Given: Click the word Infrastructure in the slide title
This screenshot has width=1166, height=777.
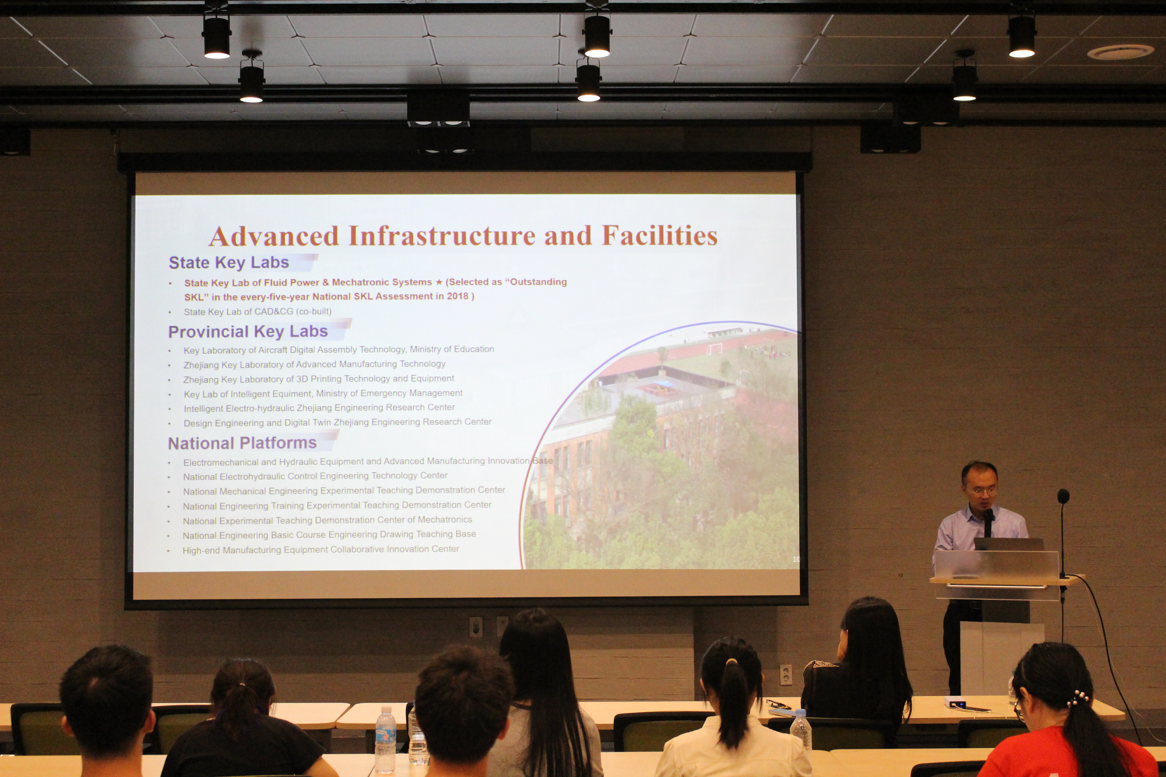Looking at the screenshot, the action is pyautogui.click(x=442, y=236).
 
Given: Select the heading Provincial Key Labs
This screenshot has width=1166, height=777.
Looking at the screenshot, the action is pyautogui.click(x=248, y=332).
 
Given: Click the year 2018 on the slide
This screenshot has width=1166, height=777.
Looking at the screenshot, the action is pyautogui.click(x=457, y=296).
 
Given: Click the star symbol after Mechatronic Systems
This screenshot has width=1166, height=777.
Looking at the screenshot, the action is pyautogui.click(x=439, y=282).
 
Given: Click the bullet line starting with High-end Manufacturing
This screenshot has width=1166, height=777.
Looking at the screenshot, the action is pyautogui.click(x=321, y=549).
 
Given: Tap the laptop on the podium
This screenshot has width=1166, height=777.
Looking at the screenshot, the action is pyautogui.click(x=1009, y=544).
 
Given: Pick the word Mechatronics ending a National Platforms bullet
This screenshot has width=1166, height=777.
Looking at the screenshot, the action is pyautogui.click(x=445, y=519).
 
